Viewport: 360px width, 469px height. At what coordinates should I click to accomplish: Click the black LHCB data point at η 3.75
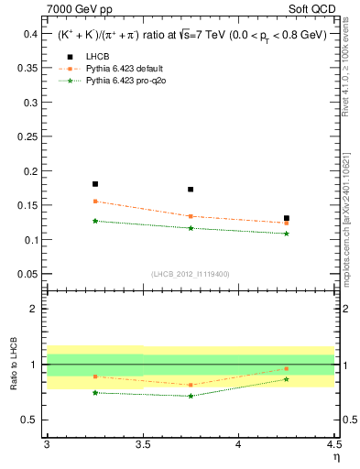[x=191, y=190]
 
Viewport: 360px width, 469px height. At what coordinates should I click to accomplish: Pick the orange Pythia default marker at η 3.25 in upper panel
[x=94, y=202]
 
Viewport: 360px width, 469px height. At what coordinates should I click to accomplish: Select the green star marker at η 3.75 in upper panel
[x=191, y=228]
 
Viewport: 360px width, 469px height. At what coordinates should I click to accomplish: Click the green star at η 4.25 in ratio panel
[x=287, y=379]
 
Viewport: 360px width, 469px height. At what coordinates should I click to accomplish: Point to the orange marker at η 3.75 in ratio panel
[x=191, y=385]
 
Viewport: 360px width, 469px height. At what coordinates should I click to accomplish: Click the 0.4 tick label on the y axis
[x=30, y=34]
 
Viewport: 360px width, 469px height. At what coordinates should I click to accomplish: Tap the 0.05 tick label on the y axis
[x=27, y=274]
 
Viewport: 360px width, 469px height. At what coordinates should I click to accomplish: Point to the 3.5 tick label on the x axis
[x=142, y=444]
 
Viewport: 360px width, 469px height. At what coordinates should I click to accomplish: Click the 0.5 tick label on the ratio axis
[x=30, y=420]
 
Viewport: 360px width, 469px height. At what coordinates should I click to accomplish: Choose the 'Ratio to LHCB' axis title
[x=13, y=365]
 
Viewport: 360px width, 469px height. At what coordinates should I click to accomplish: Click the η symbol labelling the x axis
[x=335, y=456]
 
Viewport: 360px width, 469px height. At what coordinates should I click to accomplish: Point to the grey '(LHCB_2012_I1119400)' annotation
[x=191, y=274]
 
